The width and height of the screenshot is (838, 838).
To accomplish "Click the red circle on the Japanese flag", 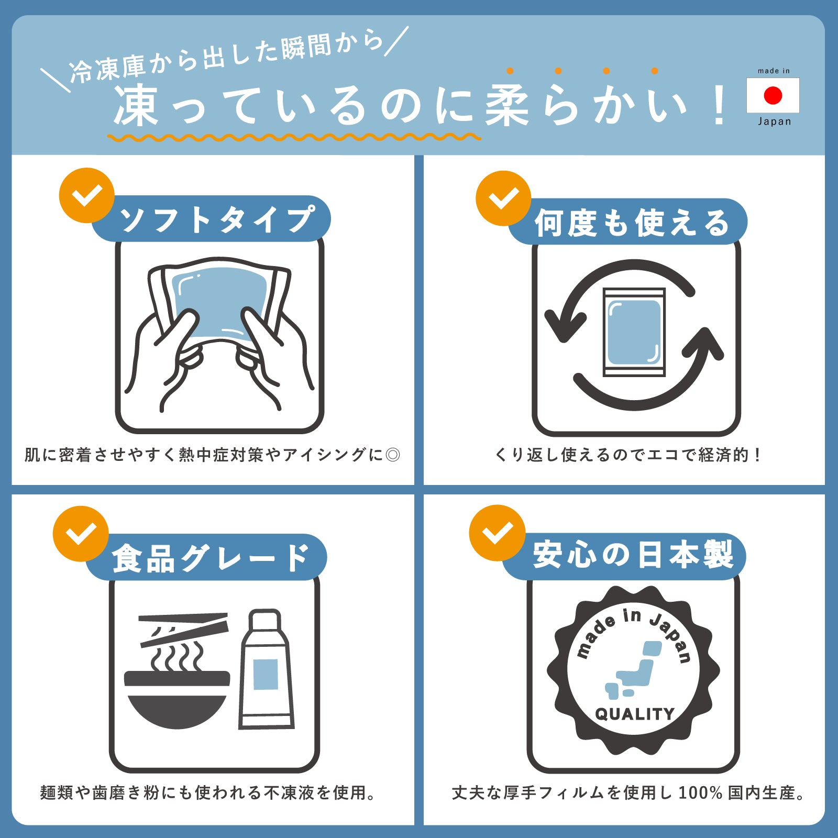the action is coord(773,95).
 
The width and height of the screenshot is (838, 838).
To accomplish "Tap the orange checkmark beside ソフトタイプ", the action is coord(87,195).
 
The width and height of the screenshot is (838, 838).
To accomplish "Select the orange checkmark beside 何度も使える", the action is coord(503,198).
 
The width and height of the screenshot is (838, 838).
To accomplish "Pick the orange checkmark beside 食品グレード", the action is coord(81,534).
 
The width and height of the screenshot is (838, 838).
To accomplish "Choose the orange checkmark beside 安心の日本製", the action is coord(497,533).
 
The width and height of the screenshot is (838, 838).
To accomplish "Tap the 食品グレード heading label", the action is coord(211,557).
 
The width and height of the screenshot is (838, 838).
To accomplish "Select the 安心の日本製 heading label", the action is coord(633,556).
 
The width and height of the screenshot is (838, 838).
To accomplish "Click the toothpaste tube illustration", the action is coord(266,669).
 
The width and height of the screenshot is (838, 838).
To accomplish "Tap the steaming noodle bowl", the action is coord(177,686).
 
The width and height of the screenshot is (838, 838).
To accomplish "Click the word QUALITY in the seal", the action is coord(634,714).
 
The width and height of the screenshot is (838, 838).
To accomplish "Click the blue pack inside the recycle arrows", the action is coord(634,332).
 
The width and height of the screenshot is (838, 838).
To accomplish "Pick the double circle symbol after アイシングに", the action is coord(392,455).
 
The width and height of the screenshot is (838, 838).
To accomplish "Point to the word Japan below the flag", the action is coord(774,122).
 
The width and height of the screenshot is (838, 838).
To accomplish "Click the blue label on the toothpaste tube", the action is coord(266,675).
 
